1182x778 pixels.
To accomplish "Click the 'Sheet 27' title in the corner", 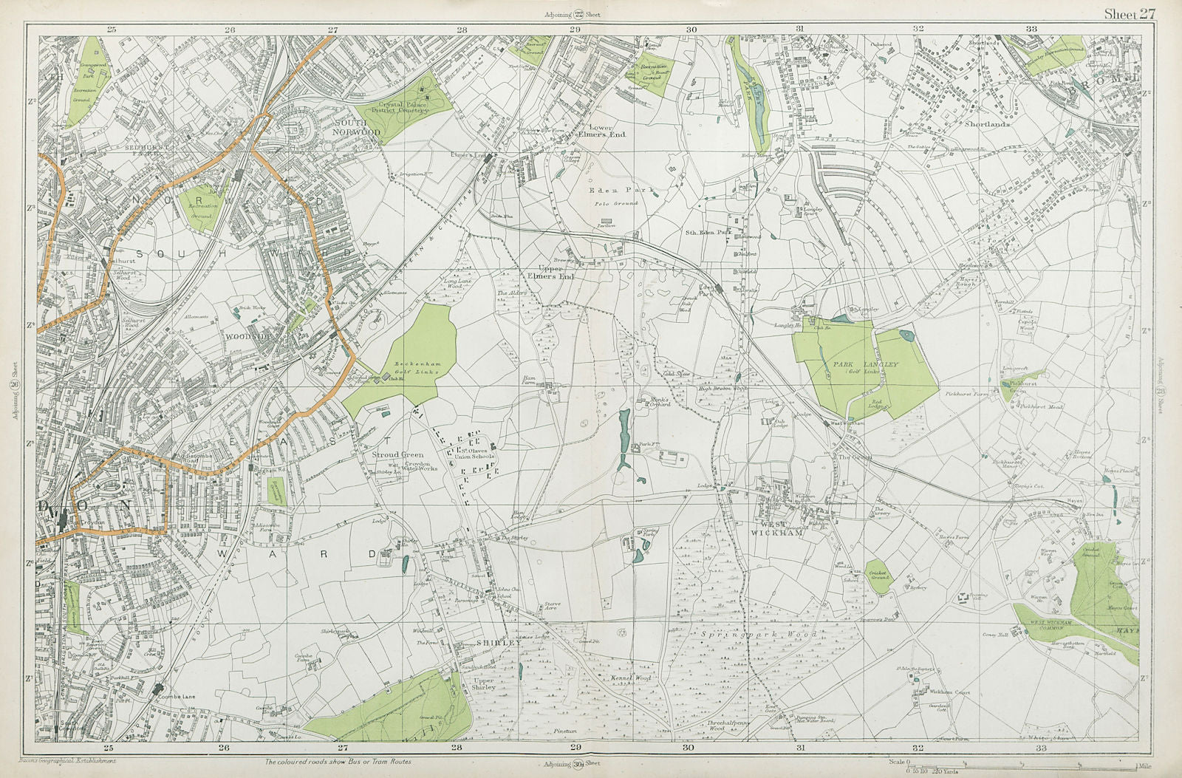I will [1130, 13].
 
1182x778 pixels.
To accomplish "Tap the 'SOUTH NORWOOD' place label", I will [358, 127].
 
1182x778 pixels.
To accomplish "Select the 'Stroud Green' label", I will [398, 455].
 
